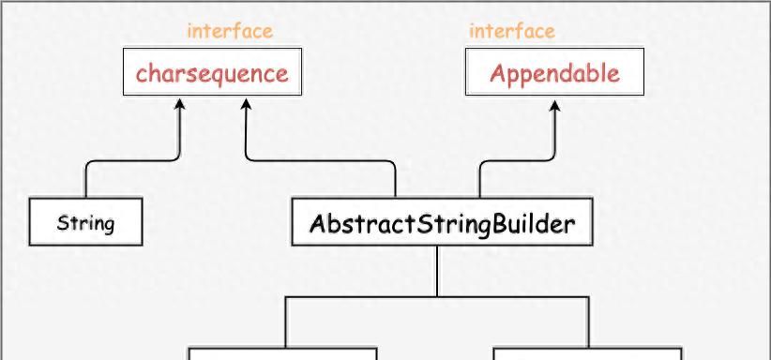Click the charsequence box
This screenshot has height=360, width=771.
212,73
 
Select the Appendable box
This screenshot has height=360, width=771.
554,73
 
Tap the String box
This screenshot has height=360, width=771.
85,222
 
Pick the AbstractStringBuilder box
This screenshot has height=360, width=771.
442,222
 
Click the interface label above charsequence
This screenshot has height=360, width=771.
230,31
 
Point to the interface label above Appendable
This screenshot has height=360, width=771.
512,31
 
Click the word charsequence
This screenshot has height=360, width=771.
212,74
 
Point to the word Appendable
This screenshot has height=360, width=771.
554,74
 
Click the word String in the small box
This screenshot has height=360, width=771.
85,223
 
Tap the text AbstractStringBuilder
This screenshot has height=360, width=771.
442,224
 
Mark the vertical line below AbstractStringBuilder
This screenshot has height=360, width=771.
437,272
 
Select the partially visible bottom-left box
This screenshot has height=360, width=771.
283,354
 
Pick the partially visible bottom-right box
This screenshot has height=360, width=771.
587,354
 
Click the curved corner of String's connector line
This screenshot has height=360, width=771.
89,165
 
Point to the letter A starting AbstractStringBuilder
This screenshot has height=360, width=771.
317,224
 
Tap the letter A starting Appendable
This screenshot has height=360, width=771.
498,73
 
